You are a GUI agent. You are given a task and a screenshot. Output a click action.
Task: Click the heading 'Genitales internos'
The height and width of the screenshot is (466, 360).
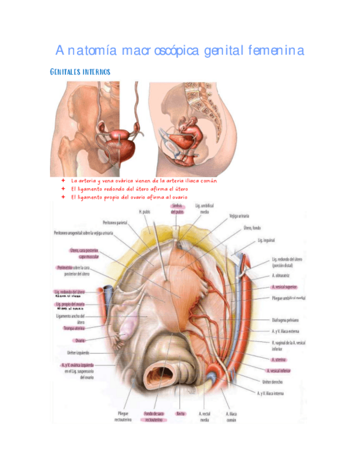(80, 73)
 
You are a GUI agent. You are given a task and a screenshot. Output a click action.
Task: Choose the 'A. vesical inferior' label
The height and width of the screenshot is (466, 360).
(281, 371)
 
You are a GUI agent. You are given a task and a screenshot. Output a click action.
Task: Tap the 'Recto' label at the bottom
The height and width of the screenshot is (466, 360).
(180, 413)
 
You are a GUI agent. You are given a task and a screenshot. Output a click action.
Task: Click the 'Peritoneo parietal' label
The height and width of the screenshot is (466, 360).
(114, 223)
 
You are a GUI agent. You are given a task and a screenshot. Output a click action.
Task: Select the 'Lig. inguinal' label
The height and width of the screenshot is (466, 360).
(266, 241)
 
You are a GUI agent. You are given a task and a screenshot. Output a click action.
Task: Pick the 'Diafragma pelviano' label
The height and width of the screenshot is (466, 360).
(286, 319)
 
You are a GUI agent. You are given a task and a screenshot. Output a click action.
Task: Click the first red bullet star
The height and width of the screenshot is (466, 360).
(64, 180)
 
